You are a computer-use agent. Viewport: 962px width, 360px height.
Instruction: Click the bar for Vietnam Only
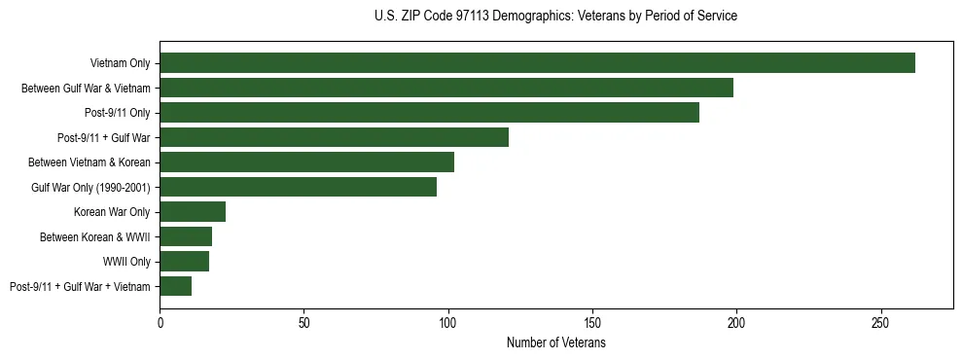click(537, 63)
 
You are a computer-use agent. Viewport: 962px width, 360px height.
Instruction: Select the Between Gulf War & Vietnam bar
click(446, 89)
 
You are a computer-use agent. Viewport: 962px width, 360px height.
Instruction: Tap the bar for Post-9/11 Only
click(429, 113)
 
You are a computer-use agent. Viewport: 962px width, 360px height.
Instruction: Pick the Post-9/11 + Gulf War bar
click(334, 137)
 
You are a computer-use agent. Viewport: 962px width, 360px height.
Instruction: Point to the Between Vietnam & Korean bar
click(306, 162)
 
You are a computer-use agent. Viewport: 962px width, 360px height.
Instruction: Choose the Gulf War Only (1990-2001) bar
click(298, 187)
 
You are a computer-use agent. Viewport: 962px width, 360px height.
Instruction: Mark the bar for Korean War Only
click(193, 212)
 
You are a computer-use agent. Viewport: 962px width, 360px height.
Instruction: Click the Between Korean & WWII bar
click(186, 236)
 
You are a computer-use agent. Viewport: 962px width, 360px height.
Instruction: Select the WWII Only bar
click(184, 262)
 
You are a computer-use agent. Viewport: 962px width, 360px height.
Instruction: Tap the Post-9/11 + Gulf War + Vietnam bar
click(175, 286)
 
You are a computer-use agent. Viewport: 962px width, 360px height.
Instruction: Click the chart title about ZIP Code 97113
click(555, 17)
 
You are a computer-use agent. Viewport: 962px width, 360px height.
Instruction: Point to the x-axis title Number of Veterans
click(555, 343)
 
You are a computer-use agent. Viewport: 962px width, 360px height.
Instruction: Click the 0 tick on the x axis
click(160, 321)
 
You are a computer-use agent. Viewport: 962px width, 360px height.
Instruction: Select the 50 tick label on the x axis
click(303, 321)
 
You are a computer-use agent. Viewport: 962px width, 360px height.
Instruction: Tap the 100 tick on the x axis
click(448, 321)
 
